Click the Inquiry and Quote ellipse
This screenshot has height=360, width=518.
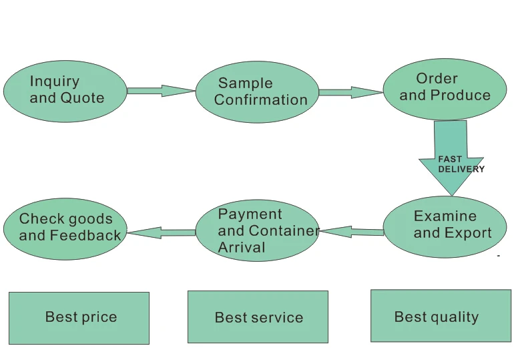coord(65,92)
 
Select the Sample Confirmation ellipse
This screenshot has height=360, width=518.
coord(258,92)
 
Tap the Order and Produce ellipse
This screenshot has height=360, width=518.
coord(445,89)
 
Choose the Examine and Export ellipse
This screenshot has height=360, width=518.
coord(445,227)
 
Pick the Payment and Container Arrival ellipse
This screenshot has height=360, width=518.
coord(258,230)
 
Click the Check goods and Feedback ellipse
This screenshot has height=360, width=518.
coord(65,229)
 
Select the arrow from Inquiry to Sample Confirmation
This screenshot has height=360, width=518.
coord(162,91)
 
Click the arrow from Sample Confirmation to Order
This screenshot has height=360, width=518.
coord(351,92)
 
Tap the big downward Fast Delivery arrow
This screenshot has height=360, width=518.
coord(451,156)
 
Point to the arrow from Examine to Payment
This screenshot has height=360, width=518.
coord(352,231)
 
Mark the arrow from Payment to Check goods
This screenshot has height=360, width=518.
coord(162,232)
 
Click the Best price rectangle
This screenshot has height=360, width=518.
coord(79,318)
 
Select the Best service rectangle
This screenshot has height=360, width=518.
coord(258,317)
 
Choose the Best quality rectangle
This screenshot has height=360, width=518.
coord(441,316)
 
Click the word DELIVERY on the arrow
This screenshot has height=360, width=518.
coord(461,169)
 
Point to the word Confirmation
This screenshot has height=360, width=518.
coord(260,100)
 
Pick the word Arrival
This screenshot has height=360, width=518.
coord(242,247)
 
